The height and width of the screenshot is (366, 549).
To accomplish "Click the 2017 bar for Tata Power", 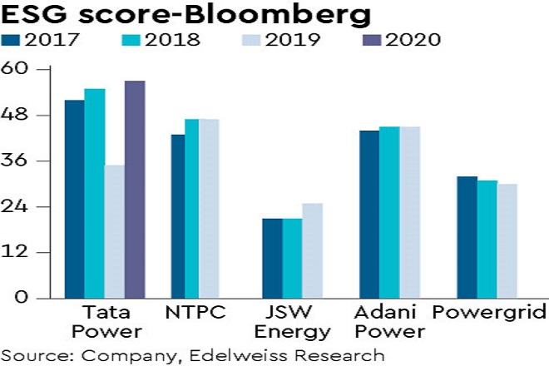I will point(75,199).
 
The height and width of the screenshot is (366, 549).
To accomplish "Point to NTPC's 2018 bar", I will point(191,208).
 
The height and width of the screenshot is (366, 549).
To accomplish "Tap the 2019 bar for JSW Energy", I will point(312,250).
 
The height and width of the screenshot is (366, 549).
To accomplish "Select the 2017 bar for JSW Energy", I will point(272,258).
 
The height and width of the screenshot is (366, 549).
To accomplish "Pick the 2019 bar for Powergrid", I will point(507,240).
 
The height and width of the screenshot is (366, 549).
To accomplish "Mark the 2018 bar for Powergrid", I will point(487,239).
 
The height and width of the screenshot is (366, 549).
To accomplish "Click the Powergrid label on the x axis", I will point(488,314).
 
